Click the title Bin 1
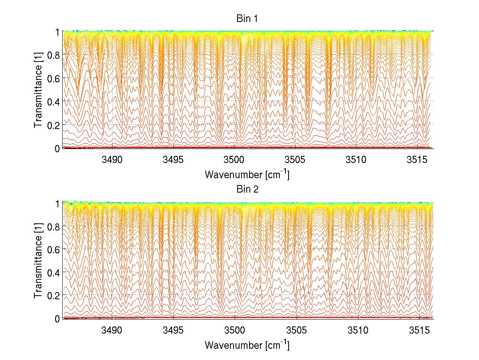[247, 18]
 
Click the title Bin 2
[247, 189]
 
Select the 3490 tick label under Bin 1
[112, 160]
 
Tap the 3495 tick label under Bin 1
[174, 160]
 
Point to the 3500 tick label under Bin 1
[235, 160]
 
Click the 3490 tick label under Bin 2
[112, 330]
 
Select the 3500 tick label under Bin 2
[235, 330]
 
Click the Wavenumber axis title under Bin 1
[247, 174]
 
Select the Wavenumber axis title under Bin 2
[247, 345]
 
